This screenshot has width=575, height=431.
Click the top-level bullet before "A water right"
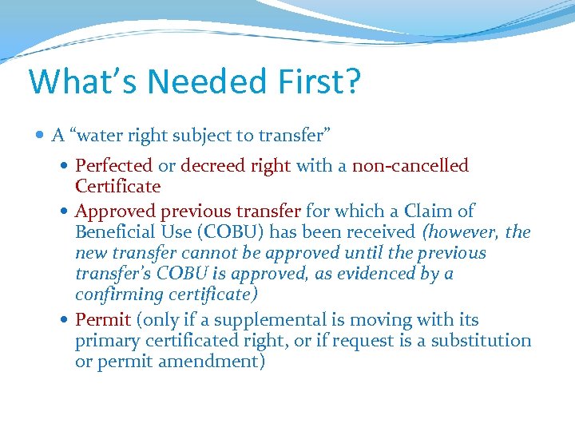click(x=41, y=136)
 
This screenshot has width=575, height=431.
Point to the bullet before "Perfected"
click(x=65, y=166)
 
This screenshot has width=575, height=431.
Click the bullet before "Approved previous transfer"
click(x=65, y=212)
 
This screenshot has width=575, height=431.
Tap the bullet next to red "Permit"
click(x=65, y=321)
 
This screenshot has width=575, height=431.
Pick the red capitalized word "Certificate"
click(x=117, y=187)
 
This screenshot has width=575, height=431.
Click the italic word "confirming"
click(x=117, y=295)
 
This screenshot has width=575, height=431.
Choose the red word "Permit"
click(x=102, y=320)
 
